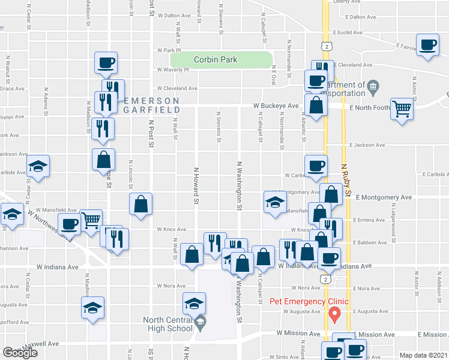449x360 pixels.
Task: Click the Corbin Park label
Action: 215,59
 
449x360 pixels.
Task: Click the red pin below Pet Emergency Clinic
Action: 337,313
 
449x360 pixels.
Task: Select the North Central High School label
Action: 167,323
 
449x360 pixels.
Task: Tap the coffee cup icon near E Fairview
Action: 428,46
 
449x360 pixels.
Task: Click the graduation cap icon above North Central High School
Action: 194,304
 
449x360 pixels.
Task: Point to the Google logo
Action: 20,353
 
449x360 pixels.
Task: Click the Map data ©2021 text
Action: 423,355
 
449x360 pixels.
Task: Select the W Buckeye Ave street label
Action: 276,106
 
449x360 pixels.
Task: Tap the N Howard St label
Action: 195,185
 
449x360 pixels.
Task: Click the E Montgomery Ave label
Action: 383,197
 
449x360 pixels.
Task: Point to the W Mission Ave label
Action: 298,333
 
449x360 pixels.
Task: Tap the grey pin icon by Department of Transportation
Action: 373,88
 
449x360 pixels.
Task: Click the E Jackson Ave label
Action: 368,145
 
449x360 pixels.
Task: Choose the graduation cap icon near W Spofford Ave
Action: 92,308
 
